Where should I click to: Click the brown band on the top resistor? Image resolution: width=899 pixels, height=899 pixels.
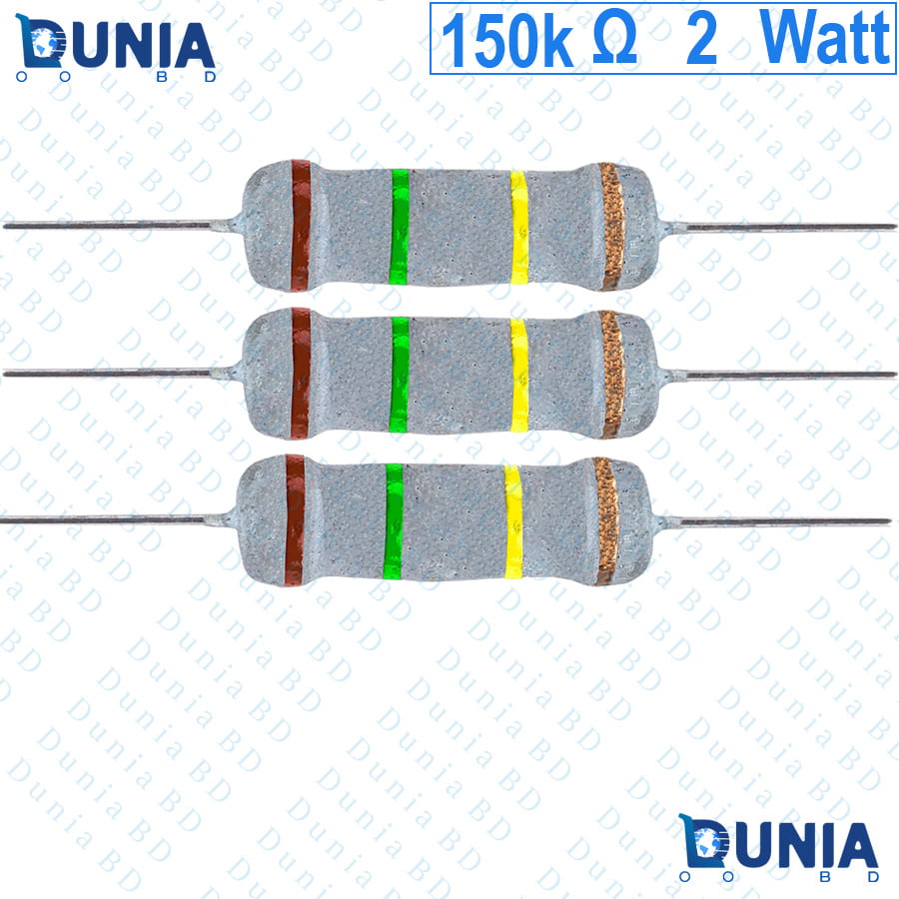301,226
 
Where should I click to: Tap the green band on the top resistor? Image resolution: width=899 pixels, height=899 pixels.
400,227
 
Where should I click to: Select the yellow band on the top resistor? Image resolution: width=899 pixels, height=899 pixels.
518,228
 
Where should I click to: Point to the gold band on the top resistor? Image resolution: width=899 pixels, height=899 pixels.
611,227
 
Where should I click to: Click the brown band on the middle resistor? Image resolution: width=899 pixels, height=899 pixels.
301,374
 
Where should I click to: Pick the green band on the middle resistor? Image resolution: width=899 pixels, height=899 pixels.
399,375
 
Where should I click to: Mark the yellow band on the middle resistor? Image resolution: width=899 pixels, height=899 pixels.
518,375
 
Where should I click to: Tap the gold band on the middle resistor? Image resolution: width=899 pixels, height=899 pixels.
611,375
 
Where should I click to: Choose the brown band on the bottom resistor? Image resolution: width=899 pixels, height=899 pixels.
295,520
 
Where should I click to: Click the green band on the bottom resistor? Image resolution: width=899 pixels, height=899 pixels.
394,521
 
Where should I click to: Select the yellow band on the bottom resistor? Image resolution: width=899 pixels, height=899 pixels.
513,522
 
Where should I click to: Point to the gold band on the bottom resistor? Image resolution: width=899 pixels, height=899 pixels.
606,521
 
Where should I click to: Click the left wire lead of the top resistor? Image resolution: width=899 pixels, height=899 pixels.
122,226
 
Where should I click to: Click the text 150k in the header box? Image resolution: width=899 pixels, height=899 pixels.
506,40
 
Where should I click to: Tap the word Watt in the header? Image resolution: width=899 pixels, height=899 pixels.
824,37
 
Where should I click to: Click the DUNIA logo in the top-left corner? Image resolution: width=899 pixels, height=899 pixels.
115,48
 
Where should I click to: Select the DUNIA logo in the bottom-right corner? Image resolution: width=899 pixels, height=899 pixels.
778,847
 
